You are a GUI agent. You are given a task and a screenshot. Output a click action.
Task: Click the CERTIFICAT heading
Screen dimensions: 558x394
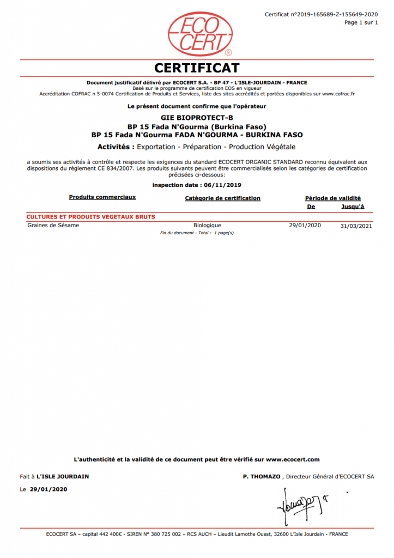197,68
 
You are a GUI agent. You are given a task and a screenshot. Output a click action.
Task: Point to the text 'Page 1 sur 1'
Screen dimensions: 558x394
361,22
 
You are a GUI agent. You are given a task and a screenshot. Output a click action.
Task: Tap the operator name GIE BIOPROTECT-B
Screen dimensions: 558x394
197,117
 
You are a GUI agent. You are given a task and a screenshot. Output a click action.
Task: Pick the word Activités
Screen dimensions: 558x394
116,147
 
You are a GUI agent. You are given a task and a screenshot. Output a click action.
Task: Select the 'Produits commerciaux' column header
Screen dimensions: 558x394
102,197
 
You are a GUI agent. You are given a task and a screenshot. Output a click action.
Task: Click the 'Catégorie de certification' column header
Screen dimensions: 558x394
223,198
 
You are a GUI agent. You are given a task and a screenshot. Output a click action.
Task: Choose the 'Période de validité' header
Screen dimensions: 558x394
332,198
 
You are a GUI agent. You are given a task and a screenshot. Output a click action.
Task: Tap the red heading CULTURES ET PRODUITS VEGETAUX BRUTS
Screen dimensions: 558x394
91,217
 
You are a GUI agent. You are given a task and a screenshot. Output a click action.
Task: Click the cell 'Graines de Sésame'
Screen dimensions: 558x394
53,225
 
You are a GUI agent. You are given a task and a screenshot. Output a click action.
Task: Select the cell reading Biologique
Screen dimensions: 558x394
207,225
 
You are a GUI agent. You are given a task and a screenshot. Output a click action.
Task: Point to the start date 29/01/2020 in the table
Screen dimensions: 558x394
305,225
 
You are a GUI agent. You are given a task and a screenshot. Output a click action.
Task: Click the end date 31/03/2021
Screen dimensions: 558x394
356,226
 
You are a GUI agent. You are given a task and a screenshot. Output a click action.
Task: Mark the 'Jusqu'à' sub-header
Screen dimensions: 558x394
353,207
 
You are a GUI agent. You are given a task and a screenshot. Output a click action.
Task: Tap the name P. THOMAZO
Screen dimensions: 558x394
263,477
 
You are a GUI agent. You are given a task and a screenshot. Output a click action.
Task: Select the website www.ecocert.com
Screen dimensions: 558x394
293,459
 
